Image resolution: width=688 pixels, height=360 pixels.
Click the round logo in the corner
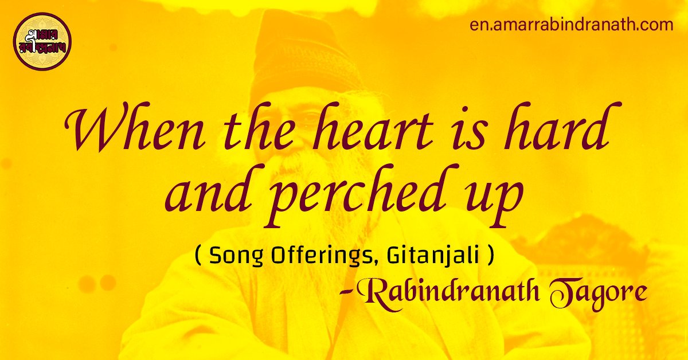[42, 42]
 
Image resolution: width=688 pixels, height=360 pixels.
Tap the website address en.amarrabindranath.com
[571, 25]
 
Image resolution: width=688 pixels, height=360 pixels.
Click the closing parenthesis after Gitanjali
[490, 256]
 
